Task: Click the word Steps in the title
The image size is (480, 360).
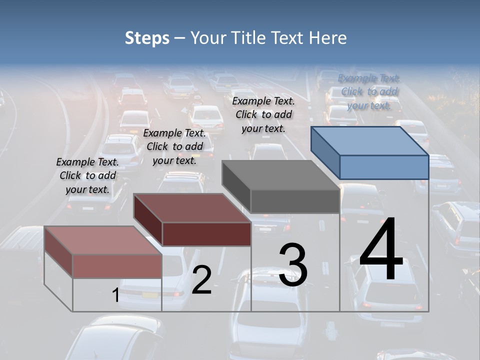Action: click(x=147, y=38)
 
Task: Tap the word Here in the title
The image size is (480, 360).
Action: click(x=328, y=38)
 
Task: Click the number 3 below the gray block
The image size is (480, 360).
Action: click(x=293, y=265)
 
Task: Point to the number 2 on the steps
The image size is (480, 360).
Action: click(x=201, y=280)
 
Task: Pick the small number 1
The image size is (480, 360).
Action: click(x=115, y=295)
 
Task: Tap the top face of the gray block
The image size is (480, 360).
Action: click(x=280, y=175)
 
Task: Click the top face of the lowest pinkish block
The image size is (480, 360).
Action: click(x=102, y=240)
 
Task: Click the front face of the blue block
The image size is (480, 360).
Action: click(x=384, y=167)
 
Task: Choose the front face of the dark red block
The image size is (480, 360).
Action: click(x=206, y=234)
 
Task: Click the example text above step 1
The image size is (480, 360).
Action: click(x=87, y=175)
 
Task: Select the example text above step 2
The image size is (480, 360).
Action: click(x=174, y=146)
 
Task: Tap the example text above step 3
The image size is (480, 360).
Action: click(x=263, y=114)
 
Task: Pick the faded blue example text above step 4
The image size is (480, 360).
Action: click(x=369, y=91)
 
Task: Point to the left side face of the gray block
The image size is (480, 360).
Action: click(x=236, y=185)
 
